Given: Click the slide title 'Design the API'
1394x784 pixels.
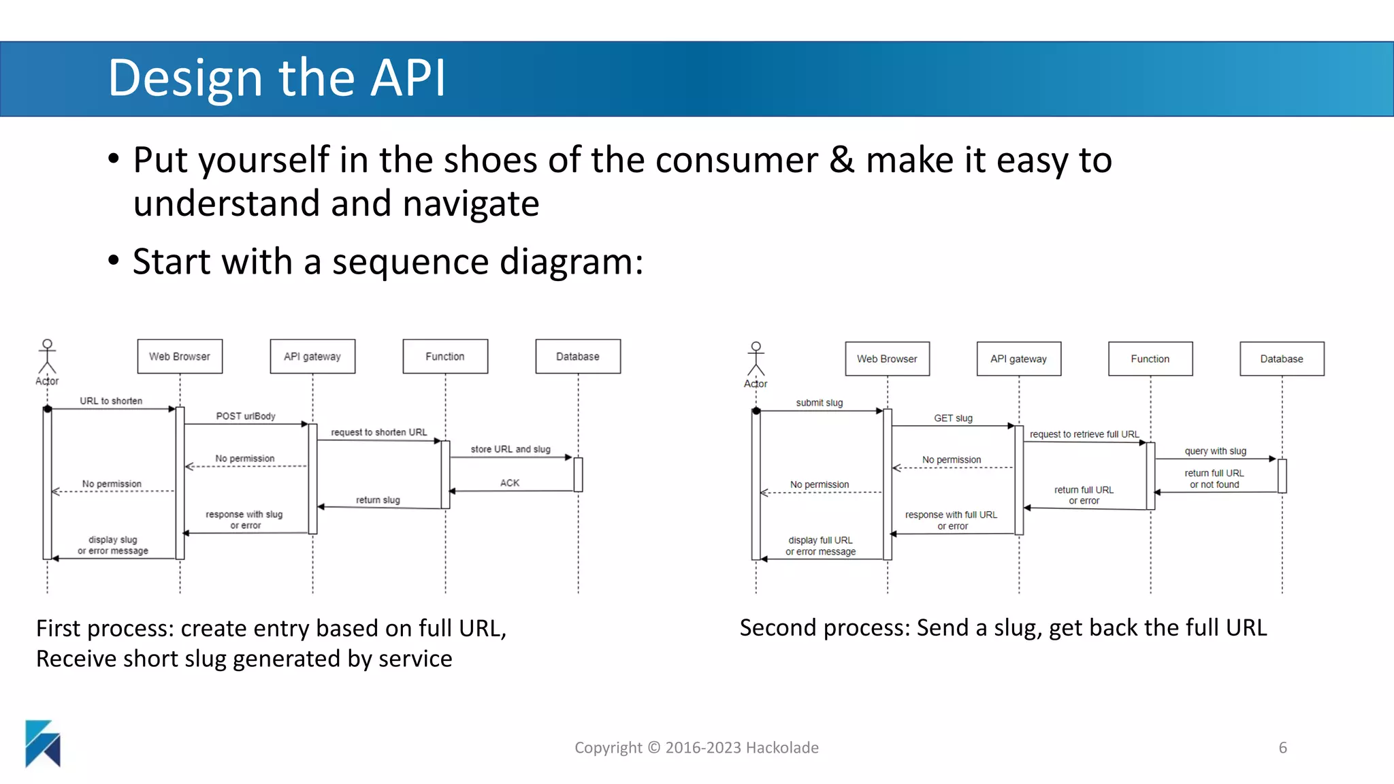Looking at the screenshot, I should click(x=276, y=78).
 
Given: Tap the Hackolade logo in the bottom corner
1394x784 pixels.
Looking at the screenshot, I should click(x=43, y=743).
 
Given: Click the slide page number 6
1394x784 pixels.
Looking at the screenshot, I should click(x=1282, y=747).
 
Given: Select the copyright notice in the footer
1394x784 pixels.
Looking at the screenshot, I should click(x=696, y=747).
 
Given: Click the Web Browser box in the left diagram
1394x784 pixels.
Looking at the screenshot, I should click(x=180, y=357).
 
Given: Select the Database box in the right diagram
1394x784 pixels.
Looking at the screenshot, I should click(x=1282, y=359).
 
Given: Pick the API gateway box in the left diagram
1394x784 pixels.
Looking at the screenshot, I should click(x=312, y=357).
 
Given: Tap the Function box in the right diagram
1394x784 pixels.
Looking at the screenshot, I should click(x=1150, y=359).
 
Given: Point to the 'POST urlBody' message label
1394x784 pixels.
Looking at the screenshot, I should click(x=246, y=416).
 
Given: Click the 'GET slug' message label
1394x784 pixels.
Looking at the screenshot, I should click(x=953, y=418).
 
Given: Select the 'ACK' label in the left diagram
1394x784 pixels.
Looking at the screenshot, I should click(x=510, y=483).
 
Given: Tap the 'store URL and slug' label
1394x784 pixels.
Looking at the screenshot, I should click(x=510, y=449).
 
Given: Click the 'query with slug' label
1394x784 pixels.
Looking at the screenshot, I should click(x=1215, y=451).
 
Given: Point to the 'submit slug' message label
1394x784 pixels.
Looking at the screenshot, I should click(x=820, y=403).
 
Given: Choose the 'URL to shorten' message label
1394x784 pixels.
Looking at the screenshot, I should click(x=111, y=401).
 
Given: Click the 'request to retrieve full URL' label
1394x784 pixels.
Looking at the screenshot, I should click(x=1084, y=434).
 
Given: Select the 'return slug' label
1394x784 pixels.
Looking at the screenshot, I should click(x=378, y=500).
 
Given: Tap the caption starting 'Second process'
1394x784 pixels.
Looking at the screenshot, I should click(x=1003, y=627).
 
